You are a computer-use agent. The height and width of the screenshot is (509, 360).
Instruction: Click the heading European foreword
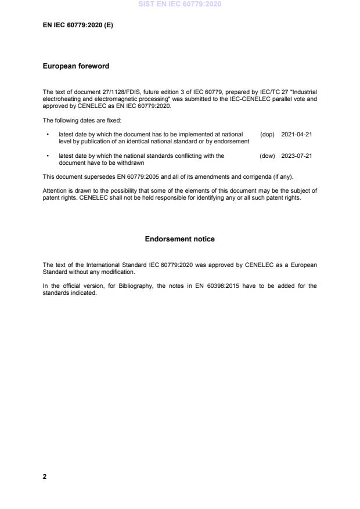click(x=76, y=66)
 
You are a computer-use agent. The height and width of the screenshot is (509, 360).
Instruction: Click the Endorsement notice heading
click(x=180, y=239)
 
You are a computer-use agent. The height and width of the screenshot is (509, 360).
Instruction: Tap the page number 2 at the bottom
click(x=45, y=476)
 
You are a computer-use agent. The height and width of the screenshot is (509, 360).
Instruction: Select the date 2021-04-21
click(x=296, y=135)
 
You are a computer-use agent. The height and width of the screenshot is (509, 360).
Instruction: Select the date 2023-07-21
click(x=296, y=156)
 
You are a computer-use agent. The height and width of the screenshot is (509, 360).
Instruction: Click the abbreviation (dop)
click(x=267, y=135)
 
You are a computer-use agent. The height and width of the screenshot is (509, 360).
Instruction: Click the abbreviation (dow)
click(x=267, y=156)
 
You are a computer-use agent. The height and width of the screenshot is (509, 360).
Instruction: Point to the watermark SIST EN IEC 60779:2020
click(x=180, y=5)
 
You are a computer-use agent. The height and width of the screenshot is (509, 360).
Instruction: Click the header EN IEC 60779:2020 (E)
click(x=78, y=25)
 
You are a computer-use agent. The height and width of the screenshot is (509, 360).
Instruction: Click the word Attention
click(x=55, y=190)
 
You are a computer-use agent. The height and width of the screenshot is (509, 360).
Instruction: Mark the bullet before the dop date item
click(x=46, y=135)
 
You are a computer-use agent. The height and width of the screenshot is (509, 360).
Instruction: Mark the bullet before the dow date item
click(x=46, y=156)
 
